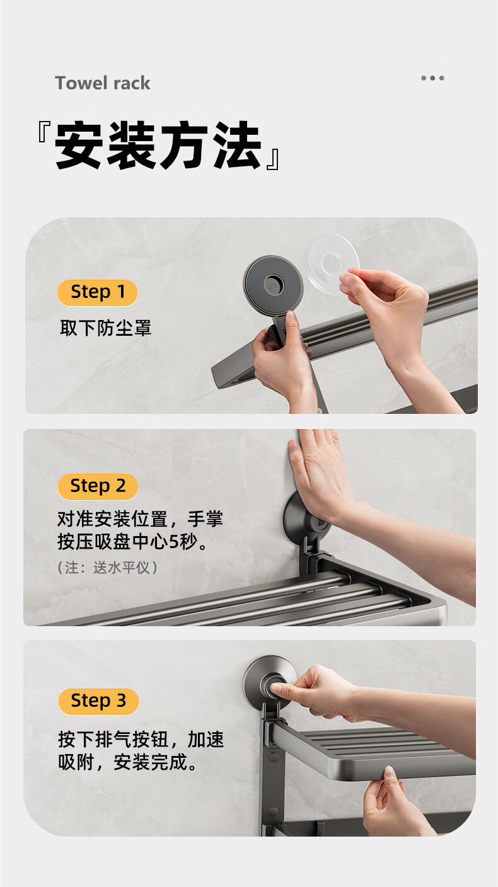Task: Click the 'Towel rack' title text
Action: [103, 83]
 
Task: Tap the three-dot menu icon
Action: [432, 78]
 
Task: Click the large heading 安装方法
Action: [158, 146]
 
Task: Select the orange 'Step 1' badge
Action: [98, 293]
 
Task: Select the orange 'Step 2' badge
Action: [98, 486]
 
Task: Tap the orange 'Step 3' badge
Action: [98, 701]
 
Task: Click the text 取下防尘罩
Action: [106, 328]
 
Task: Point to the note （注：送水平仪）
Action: [107, 568]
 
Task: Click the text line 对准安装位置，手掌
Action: [140, 519]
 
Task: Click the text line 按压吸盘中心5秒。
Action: [132, 542]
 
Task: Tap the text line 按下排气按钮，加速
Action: [141, 740]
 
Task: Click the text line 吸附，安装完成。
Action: [127, 762]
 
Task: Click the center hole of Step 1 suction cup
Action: [274, 284]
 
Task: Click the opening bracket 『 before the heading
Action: [43, 132]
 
